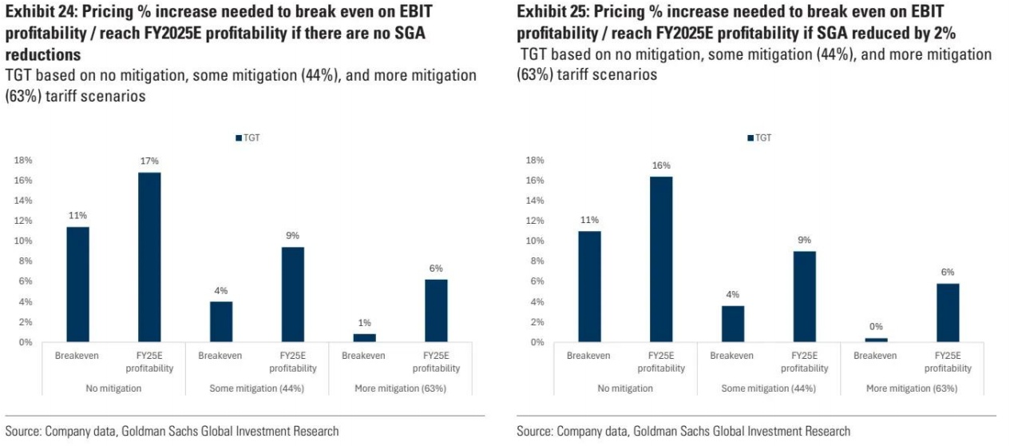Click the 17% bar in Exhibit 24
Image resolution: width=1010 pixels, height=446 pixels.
[149, 257]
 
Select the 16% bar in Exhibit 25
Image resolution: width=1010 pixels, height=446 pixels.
[661, 259]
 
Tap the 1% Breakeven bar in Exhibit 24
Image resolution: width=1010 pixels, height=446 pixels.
[364, 338]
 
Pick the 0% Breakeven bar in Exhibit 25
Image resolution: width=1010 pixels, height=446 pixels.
[876, 340]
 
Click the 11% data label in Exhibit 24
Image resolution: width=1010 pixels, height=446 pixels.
[77, 216]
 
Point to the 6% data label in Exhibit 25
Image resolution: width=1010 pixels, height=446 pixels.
[948, 272]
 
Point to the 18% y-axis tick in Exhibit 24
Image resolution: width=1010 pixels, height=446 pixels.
[23, 160]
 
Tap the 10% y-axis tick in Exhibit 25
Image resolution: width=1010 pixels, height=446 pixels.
[535, 241]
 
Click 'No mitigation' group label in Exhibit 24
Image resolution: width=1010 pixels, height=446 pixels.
[113, 388]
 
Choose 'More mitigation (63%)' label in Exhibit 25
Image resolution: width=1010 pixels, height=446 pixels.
[912, 388]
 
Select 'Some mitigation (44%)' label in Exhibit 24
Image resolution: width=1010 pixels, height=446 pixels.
[256, 388]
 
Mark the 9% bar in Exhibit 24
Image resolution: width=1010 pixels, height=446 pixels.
[293, 295]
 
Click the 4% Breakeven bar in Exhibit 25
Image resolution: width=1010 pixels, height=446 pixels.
[732, 324]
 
